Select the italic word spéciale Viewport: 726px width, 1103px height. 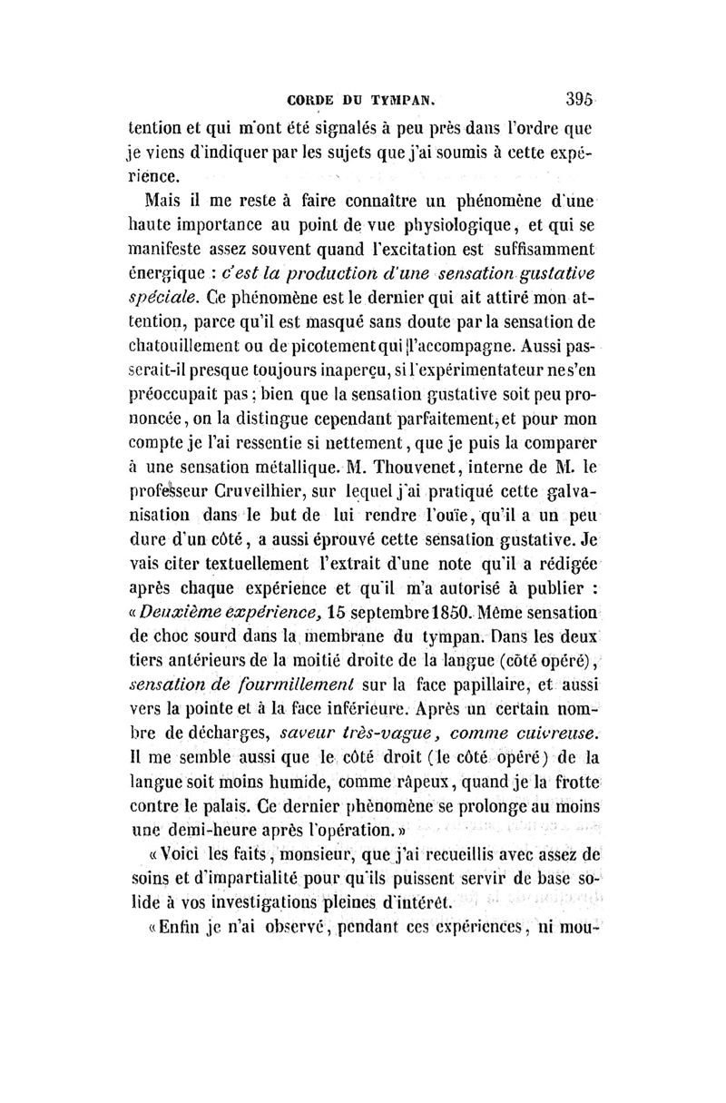point(166,298)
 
